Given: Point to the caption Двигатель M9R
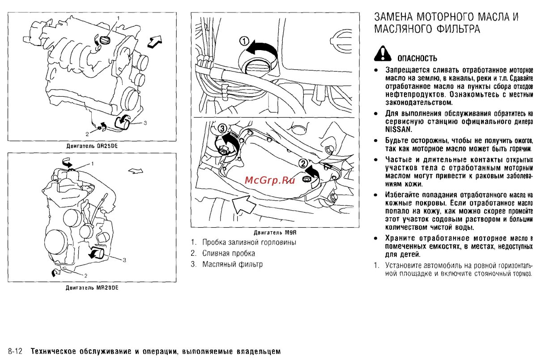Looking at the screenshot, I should pyautogui.click(x=275, y=233).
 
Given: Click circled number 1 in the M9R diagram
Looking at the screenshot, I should pyautogui.click(x=244, y=41).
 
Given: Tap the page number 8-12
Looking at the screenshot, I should pyautogui.click(x=17, y=352).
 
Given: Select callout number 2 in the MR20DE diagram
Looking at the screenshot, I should pyautogui.click(x=86, y=275).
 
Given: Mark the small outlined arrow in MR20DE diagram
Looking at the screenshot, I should pyautogui.click(x=135, y=170).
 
